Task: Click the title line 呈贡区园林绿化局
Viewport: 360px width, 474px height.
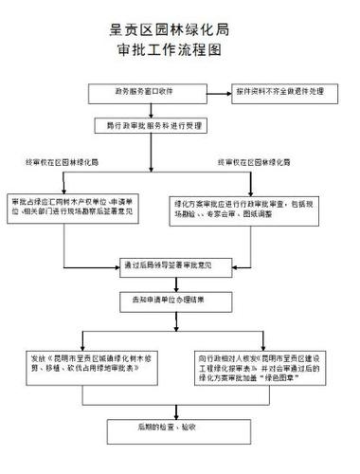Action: click(x=181, y=32)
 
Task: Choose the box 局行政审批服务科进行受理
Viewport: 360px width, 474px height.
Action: click(x=151, y=124)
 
